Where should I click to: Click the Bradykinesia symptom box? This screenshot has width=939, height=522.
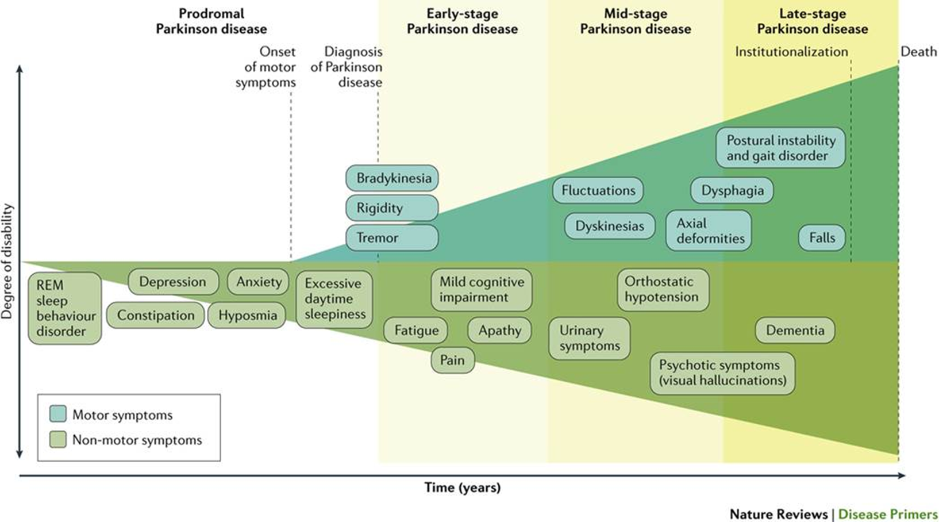[392, 178]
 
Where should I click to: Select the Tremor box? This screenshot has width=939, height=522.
[392, 237]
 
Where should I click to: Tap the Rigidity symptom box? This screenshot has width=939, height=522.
[392, 208]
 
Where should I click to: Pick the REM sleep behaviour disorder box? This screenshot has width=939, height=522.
[65, 308]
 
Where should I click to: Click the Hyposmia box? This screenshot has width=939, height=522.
[247, 316]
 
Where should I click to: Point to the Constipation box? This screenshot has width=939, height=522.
[155, 316]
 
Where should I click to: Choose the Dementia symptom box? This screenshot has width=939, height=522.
[795, 331]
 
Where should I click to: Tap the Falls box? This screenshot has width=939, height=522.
[822, 237]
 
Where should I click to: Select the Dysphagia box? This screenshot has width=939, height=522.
[732, 191]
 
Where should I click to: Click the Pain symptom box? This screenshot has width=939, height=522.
[452, 360]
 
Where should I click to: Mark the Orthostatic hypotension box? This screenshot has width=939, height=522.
[663, 289]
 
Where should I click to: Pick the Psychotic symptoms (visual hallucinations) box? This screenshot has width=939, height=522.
[722, 373]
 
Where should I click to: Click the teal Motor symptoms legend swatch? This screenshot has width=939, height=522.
[58, 414]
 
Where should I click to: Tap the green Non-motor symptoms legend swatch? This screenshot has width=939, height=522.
[58, 440]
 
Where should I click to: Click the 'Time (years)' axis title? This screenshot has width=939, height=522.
[463, 488]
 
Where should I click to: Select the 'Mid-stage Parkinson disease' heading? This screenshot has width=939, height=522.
[635, 21]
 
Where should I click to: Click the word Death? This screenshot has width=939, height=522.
[918, 52]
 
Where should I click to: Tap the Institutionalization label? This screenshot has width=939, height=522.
[791, 52]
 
